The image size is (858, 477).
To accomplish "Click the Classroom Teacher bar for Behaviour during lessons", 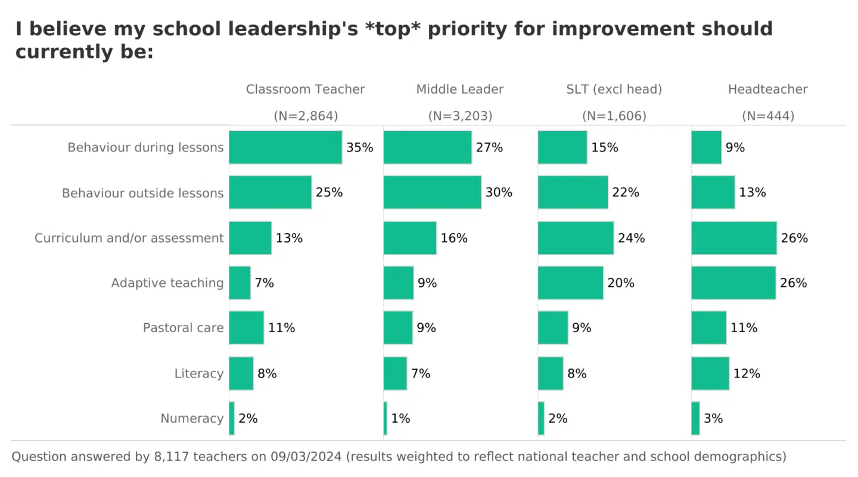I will (285, 147).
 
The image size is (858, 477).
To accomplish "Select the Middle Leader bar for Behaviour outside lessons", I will (432, 193).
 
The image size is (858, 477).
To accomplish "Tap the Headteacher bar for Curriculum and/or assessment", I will (734, 238).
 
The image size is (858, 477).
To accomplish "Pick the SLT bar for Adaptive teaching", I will (570, 283).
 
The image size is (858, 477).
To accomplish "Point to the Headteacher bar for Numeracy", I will (695, 419).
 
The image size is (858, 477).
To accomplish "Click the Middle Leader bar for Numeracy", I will (385, 419).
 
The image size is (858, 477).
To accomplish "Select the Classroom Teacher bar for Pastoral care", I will (246, 328).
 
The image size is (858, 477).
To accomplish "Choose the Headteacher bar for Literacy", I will (710, 373).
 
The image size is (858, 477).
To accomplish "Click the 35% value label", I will (359, 147).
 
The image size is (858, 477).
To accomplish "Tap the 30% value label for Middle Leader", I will (499, 193).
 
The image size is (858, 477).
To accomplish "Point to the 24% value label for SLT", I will (631, 238).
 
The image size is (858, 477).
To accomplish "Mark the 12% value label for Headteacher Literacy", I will (747, 373).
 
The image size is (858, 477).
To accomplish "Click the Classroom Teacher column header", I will (305, 89).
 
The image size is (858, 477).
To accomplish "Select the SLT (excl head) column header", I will (614, 89).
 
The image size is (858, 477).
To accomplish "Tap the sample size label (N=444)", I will (768, 116).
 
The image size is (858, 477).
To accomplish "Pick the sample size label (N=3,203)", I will (460, 116).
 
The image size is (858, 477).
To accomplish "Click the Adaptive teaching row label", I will (167, 283).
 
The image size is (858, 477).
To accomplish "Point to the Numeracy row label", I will (192, 419).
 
